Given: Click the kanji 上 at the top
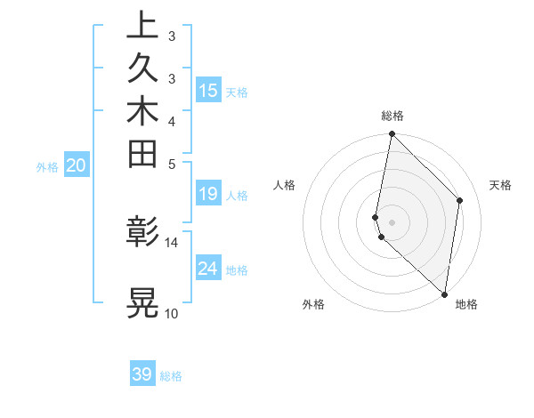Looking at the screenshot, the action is point(142,25).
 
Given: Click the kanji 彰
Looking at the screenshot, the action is point(142,232).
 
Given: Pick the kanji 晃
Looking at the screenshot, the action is point(142,301).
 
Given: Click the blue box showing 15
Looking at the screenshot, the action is point(208,90).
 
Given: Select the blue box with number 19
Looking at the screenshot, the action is point(208,194).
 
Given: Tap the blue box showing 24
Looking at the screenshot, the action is point(208,268).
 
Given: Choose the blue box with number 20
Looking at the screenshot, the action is point(77,165).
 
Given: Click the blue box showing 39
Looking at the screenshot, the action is point(142,374).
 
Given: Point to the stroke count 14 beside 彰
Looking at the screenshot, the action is point(172,242).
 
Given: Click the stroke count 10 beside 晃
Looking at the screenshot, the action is point(172,313).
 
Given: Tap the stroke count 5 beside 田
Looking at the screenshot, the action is point(172,164).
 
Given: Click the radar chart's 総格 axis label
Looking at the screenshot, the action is point(392,116).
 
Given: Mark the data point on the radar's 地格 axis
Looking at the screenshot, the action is point(444,294).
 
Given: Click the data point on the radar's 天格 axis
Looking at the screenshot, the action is point(460,200).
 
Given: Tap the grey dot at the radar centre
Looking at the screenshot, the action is point(392,221).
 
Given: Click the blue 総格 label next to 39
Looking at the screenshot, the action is point(172,376).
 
